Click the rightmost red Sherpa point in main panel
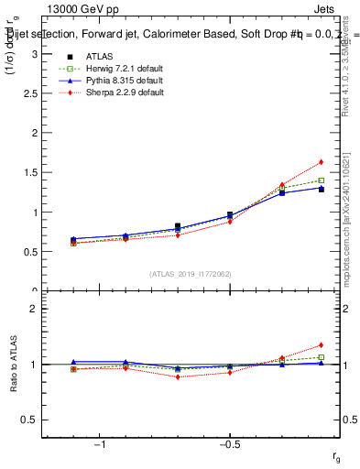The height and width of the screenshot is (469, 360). point(321,162)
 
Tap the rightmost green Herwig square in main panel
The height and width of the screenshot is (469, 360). point(321,180)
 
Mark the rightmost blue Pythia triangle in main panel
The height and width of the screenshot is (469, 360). point(321,189)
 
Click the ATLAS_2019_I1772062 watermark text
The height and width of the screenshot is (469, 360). point(191,273)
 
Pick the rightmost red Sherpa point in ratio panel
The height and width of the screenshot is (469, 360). point(321,345)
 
